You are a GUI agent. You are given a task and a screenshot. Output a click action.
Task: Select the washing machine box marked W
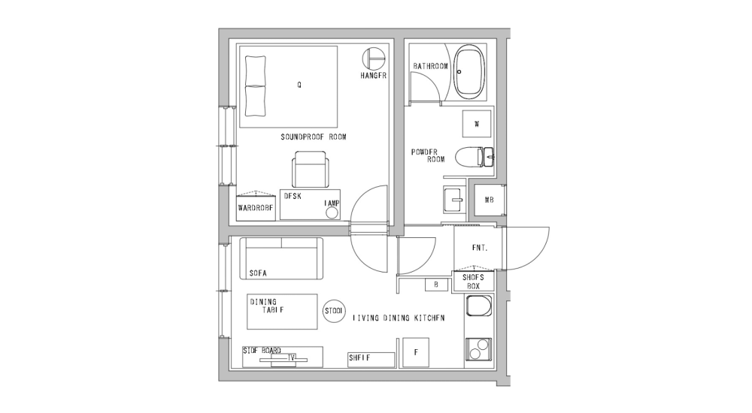coord(477,124)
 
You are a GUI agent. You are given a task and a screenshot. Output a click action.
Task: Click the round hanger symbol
coord(374,59)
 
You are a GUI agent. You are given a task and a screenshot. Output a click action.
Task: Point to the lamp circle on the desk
coord(332,213)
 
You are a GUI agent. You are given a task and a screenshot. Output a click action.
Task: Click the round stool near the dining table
coord(333,312)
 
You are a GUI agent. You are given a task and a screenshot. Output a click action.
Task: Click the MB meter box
coord(488,200)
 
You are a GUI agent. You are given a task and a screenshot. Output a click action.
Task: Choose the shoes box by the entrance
coord(474,281)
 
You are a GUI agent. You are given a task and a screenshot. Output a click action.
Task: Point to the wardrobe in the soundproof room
coord(256,206)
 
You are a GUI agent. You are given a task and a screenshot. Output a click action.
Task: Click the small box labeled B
coord(436,285)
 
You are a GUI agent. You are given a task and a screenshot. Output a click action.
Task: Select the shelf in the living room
coord(371,359)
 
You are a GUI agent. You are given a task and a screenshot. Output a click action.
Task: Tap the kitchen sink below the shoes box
coord(479,306)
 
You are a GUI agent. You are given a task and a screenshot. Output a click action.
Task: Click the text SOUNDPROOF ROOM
coord(313,137)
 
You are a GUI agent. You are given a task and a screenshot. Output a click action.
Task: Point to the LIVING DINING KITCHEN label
coord(399,318)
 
